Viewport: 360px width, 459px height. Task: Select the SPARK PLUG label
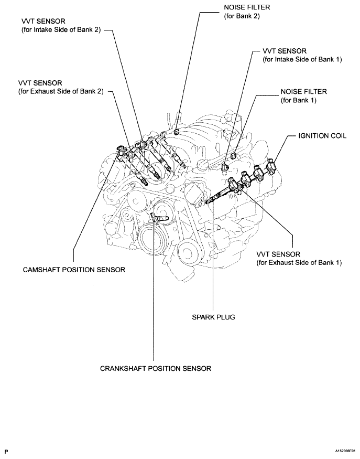213,317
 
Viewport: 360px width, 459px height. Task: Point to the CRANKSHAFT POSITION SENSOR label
156,368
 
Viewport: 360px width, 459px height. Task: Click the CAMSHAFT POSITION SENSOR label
74,270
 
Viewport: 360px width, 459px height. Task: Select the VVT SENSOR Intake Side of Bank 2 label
58,26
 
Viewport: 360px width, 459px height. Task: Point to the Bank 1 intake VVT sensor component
225,167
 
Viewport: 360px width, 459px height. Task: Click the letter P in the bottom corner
6,451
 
